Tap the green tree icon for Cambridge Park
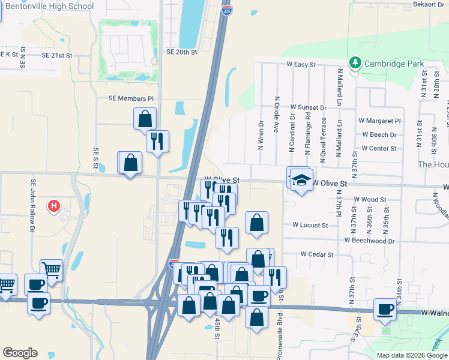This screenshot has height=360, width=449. coord(355,63)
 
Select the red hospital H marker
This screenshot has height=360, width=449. coord(54,207)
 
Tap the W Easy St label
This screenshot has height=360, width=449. coord(301,64)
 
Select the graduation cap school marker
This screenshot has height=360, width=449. coord(301,179)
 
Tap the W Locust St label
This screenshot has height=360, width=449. coord(310,225)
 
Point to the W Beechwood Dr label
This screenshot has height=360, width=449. coord(370,240)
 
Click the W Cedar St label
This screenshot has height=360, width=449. coord(317,254)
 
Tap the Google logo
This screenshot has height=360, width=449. coord(20,353)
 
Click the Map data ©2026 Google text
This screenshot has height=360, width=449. coord(412,355)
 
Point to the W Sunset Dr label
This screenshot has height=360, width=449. coord(308,107)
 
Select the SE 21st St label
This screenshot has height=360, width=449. coord(57,55)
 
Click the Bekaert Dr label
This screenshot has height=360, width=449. coord(428,4)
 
